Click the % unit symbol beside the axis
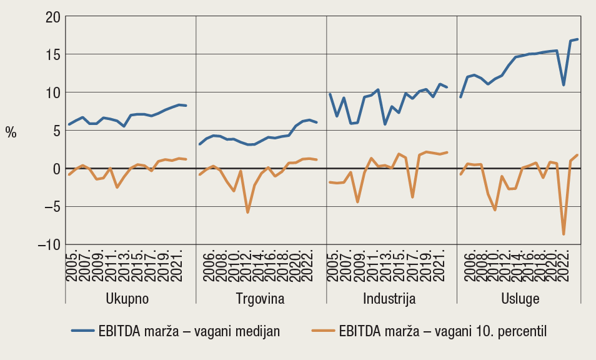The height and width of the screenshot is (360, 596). (11, 132)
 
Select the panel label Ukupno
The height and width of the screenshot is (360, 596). (128, 298)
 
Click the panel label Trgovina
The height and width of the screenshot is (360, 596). (261, 298)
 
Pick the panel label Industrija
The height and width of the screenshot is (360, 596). (389, 298)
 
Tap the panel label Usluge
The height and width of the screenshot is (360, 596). (520, 298)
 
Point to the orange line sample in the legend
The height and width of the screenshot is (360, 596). (322, 331)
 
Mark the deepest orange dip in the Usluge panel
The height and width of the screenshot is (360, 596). (564, 234)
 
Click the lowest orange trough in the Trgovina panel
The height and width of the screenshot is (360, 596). (247, 212)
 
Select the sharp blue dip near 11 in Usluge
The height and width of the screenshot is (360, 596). (564, 85)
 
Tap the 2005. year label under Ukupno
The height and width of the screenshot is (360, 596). (70, 266)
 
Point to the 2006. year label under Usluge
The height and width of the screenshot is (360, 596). (467, 266)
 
